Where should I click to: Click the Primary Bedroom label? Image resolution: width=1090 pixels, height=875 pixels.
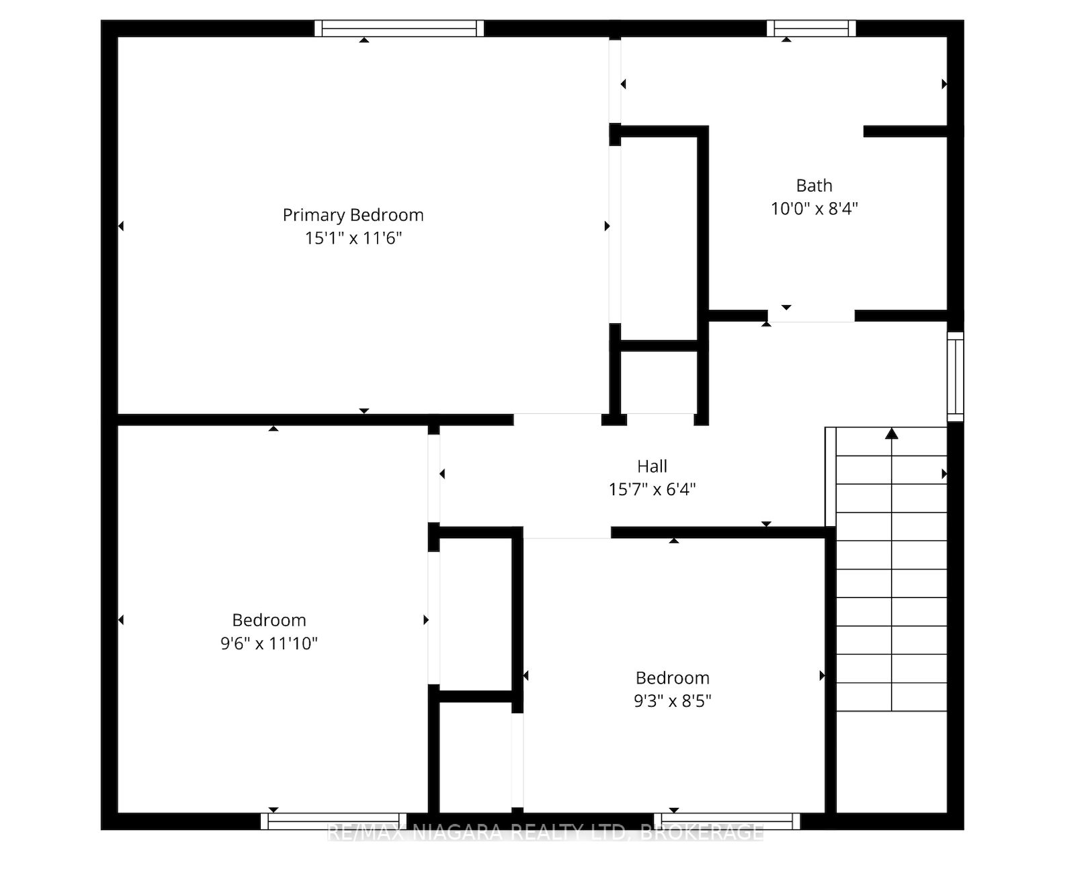[353, 215]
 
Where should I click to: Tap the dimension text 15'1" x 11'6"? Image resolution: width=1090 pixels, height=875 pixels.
[353, 238]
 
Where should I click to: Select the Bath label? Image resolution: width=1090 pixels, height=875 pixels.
[814, 185]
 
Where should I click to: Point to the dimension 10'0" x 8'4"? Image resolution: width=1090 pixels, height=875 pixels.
[814, 208]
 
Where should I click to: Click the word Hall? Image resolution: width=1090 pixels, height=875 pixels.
[652, 466]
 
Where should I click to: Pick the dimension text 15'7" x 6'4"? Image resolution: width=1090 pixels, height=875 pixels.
[652, 489]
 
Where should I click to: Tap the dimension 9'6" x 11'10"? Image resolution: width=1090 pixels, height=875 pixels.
[269, 643]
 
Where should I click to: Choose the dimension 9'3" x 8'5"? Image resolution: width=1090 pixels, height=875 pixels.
[673, 701]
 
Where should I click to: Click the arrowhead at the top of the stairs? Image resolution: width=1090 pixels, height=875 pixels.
[892, 433]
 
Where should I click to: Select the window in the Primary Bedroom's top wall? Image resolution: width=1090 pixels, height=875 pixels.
[399, 28]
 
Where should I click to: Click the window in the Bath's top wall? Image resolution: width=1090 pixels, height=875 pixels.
[811, 28]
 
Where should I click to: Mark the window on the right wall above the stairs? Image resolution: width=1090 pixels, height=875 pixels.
[956, 377]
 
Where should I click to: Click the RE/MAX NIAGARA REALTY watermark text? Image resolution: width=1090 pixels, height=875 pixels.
[546, 833]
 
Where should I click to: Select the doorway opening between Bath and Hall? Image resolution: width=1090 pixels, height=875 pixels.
[811, 317]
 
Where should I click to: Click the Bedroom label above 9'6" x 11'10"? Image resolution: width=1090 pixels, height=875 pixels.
[269, 620]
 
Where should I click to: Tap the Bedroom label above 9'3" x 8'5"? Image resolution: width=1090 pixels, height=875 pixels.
[673, 678]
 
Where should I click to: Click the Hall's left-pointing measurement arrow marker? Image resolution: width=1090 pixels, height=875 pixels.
[442, 474]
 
